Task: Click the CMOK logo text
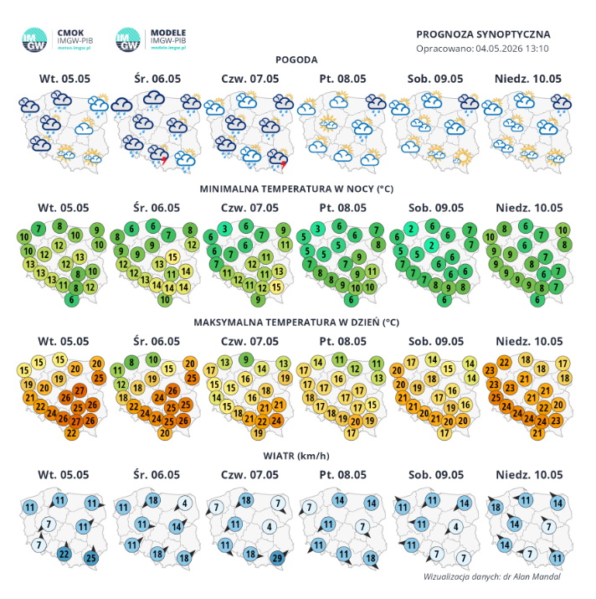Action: [x=70, y=33]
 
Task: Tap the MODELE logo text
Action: [x=168, y=33]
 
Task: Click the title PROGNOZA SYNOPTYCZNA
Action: [x=483, y=34]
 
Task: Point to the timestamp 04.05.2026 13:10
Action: [x=512, y=49]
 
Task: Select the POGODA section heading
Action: [x=296, y=59]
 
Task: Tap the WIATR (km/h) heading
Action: [x=296, y=456]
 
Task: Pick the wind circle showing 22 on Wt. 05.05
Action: [x=64, y=554]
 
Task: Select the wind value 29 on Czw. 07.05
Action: [x=277, y=558]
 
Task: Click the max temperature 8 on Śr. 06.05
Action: [x=131, y=362]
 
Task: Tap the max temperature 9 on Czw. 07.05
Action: [x=246, y=359]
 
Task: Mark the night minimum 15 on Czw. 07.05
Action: [x=276, y=287]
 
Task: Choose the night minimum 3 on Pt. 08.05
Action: [x=317, y=229]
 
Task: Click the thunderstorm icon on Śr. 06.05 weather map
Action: [x=158, y=154]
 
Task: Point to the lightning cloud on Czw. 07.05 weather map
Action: [x=278, y=158]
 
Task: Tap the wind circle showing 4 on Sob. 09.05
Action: [x=455, y=527]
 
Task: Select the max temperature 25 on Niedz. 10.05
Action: [x=496, y=398]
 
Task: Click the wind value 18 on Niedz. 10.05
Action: [x=496, y=507]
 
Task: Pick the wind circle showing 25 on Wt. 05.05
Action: [x=91, y=558]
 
